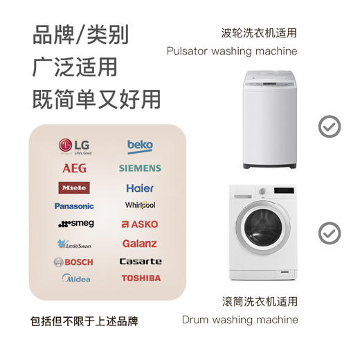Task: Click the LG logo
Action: [x=75, y=146]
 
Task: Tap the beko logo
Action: [x=140, y=146]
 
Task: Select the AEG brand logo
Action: [x=74, y=168]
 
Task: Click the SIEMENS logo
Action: [x=140, y=168]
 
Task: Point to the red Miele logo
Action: [x=74, y=188]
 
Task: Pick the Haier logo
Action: [x=140, y=188]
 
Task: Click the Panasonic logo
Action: [x=74, y=206]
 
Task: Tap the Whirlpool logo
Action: [x=140, y=206]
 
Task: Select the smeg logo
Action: [x=75, y=224]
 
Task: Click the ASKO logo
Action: [x=140, y=224]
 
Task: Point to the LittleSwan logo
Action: [x=74, y=244]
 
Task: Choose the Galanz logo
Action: [x=140, y=244]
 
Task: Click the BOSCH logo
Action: [x=73, y=262]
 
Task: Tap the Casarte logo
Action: [x=141, y=262]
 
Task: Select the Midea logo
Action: [x=76, y=278]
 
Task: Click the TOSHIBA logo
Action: [x=141, y=278]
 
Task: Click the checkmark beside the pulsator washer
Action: [x=329, y=125]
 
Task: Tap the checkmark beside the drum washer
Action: [x=329, y=232]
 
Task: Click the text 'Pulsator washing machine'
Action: [x=232, y=51]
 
